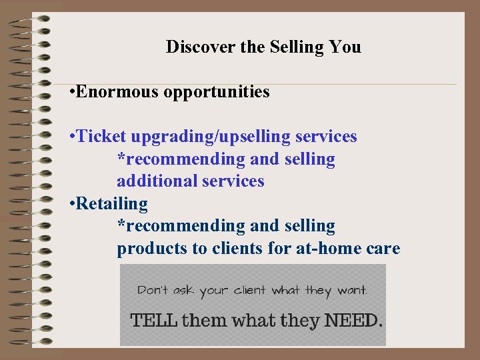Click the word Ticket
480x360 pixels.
pyautogui.click(x=102, y=137)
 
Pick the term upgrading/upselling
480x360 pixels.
pyautogui.click(x=211, y=137)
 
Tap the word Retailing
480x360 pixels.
pyautogui.click(x=112, y=203)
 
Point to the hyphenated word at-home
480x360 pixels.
pyautogui.click(x=319, y=249)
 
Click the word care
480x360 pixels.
pyautogui.click(x=384, y=249)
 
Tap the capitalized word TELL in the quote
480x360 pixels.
pyautogui.click(x=154, y=320)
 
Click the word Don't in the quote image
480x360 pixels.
pyautogui.click(x=153, y=290)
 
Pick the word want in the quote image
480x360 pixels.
pyautogui.click(x=351, y=290)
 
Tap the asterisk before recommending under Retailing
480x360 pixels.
pyautogui.click(x=121, y=225)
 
